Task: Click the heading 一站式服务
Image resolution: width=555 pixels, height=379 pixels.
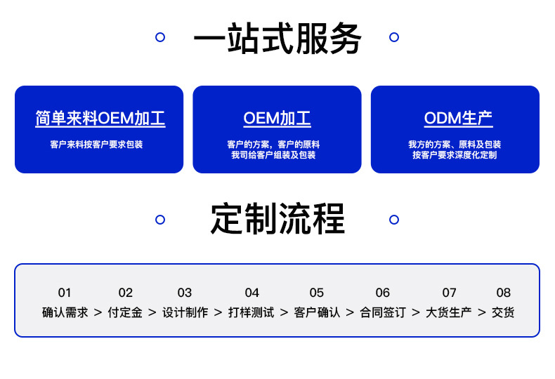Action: [277, 39]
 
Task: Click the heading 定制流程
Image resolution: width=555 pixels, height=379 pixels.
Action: [277, 219]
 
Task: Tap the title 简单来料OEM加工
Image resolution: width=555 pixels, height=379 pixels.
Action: [100, 118]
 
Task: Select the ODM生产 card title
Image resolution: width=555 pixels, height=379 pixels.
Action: [458, 118]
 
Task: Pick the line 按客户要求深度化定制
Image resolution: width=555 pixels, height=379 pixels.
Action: [455, 155]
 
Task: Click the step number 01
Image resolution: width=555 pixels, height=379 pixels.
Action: [65, 293]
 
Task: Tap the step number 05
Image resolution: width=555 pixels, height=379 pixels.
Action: [317, 293]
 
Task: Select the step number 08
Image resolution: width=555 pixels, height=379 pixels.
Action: [503, 293]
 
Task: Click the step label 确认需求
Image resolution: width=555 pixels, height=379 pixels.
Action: [65, 312]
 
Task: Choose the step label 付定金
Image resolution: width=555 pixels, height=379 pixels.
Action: [125, 312]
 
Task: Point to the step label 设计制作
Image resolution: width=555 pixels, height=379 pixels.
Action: [185, 312]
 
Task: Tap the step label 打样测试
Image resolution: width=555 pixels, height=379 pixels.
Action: [251, 312]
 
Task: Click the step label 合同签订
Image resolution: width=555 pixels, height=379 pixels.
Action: [383, 312]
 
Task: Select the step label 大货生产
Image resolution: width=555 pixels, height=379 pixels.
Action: [449, 312]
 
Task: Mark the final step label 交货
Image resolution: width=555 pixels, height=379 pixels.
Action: [503, 312]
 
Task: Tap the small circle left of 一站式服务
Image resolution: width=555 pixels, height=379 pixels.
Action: [159, 36]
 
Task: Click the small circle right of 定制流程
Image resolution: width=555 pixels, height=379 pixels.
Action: [394, 220]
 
